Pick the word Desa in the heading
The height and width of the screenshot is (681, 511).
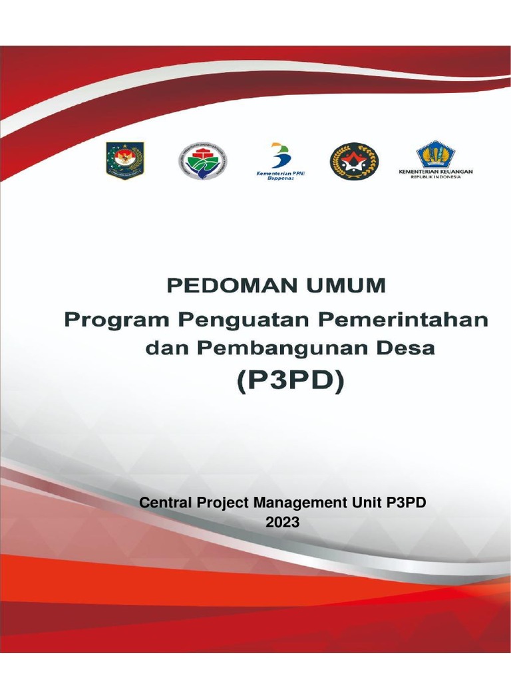click(408, 348)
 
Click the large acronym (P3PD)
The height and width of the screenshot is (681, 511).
click(289, 383)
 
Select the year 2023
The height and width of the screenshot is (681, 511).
click(283, 523)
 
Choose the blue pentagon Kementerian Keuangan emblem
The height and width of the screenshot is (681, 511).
click(435, 154)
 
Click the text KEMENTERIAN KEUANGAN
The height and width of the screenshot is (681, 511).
click(435, 172)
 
